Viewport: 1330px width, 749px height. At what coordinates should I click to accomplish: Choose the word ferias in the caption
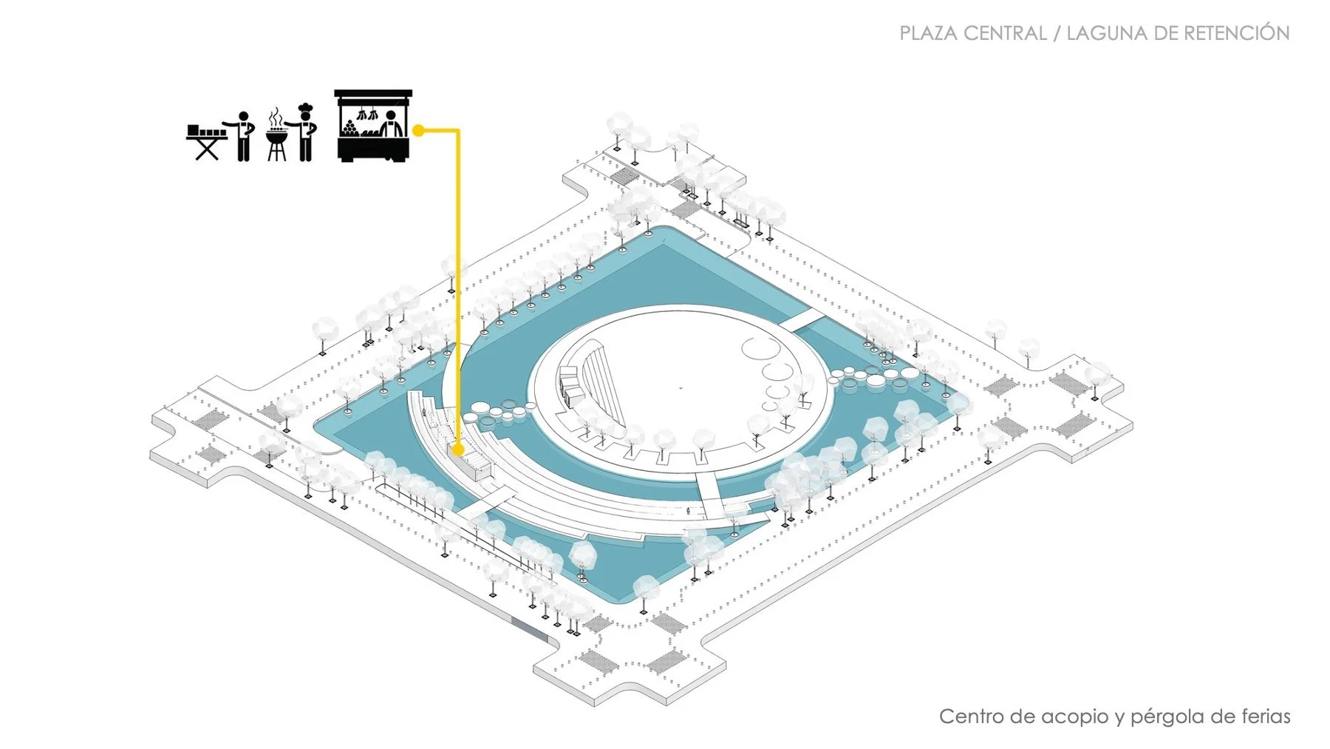pos(1265,716)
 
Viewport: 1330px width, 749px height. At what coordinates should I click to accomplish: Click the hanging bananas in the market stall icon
pos(367,115)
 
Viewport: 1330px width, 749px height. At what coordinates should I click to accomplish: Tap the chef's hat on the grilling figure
pos(304,108)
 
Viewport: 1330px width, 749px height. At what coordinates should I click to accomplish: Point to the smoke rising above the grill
pos(276,116)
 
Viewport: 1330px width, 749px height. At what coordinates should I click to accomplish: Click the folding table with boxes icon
pos(206,141)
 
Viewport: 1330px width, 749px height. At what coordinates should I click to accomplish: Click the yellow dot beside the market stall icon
pos(418,131)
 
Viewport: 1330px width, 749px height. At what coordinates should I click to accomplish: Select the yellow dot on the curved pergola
pos(458,450)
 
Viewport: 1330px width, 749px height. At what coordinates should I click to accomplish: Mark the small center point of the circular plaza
pos(681,387)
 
